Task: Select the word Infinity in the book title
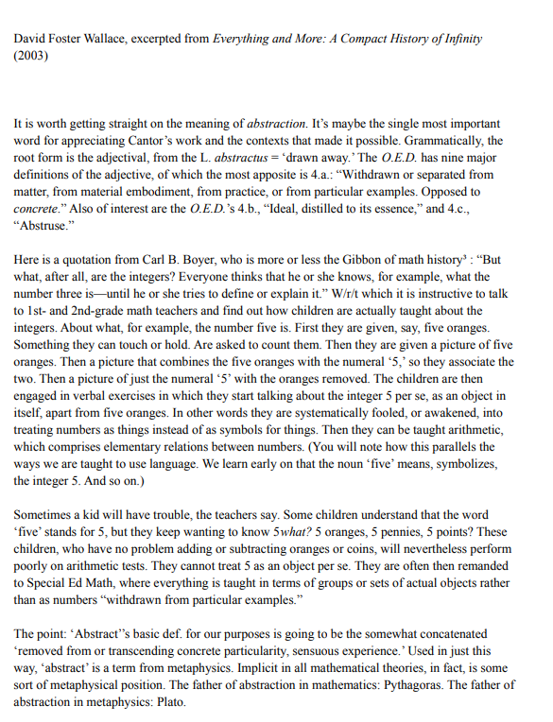[456, 39]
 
